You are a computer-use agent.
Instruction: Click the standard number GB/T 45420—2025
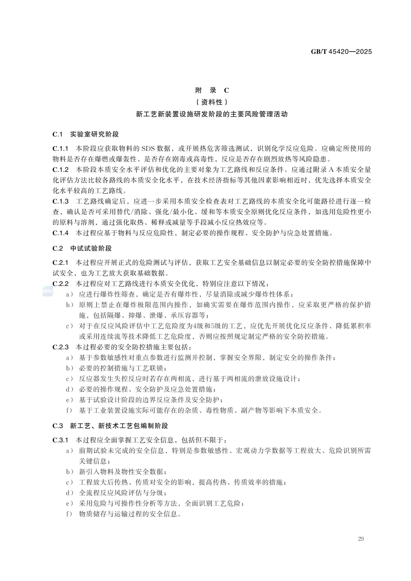[341, 51]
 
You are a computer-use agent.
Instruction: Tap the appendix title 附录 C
[212, 90]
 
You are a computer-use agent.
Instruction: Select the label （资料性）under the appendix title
[212, 102]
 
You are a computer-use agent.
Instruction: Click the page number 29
[361, 539]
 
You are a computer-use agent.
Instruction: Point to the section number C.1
[57, 134]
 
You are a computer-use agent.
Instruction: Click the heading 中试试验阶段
[91, 248]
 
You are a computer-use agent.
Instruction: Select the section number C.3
[57, 426]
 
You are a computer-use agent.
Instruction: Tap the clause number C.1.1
[61, 148]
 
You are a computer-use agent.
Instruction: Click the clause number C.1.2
[61, 170]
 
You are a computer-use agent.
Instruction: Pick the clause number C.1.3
[61, 201]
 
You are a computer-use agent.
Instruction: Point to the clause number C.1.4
[61, 233]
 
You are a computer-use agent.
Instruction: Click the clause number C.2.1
[61, 263]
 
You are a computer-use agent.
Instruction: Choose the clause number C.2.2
[61, 284]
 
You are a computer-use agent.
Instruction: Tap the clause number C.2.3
[61, 347]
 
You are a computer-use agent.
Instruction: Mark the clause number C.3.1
[61, 440]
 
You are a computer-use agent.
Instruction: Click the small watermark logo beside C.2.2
[48, 291]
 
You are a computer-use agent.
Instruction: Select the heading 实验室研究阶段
[94, 134]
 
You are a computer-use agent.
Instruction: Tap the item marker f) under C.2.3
[69, 411]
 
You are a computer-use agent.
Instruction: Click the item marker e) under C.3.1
[69, 503]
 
